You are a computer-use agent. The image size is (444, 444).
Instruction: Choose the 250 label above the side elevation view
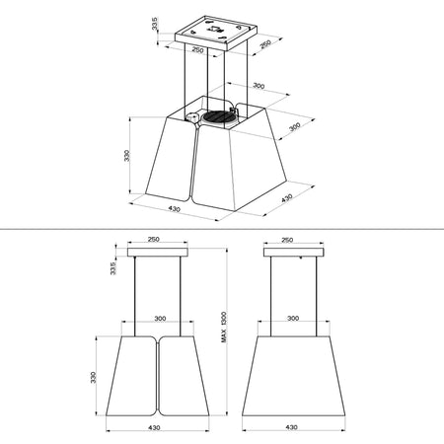[287, 239]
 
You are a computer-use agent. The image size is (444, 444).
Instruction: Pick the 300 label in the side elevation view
[291, 319]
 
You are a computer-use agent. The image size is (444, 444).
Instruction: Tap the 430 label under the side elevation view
[291, 427]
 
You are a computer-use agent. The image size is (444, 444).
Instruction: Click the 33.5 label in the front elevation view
[113, 269]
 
